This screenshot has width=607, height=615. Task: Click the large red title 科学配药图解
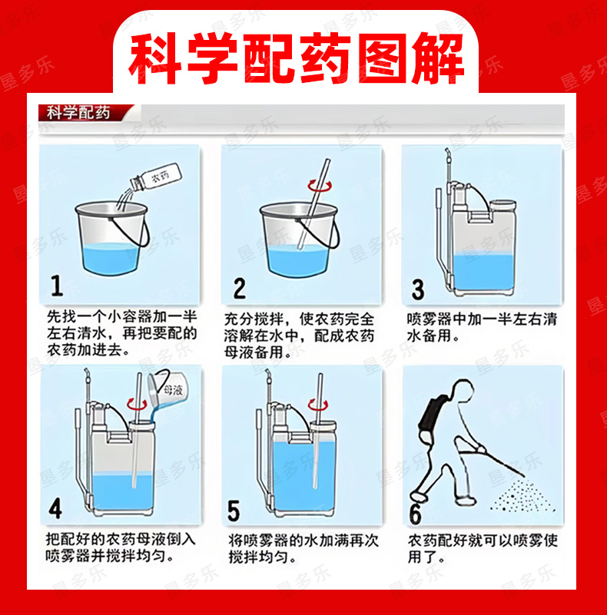pyautogui.click(x=297, y=59)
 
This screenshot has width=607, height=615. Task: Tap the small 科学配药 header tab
pyautogui.click(x=78, y=113)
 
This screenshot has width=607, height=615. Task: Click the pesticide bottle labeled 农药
pyautogui.click(x=156, y=177)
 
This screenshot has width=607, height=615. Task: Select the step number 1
pyautogui.click(x=58, y=285)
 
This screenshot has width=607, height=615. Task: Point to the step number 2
pyautogui.click(x=240, y=288)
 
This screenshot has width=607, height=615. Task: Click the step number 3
pyautogui.click(x=418, y=289)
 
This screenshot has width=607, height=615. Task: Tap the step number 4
pyautogui.click(x=55, y=509)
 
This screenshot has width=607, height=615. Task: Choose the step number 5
pyautogui.click(x=234, y=511)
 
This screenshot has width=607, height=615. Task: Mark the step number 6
pyautogui.click(x=415, y=514)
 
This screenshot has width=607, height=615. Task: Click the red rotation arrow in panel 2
pyautogui.click(x=320, y=186)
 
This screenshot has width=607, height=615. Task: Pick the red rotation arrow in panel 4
pyautogui.click(x=137, y=404)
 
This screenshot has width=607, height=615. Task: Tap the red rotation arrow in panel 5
pyautogui.click(x=317, y=405)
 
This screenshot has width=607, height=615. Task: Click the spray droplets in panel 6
pyautogui.click(x=523, y=496)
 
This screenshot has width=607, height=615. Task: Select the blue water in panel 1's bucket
pyautogui.click(x=111, y=258)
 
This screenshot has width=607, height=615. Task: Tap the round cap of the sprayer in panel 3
pyautogui.click(x=503, y=205)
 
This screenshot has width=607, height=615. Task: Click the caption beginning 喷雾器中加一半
pyautogui.click(x=482, y=327)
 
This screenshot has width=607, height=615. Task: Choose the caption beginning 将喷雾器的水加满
pyautogui.click(x=303, y=548)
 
